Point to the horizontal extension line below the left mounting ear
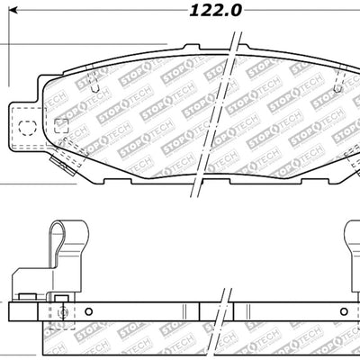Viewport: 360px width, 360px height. click(9, 184)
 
